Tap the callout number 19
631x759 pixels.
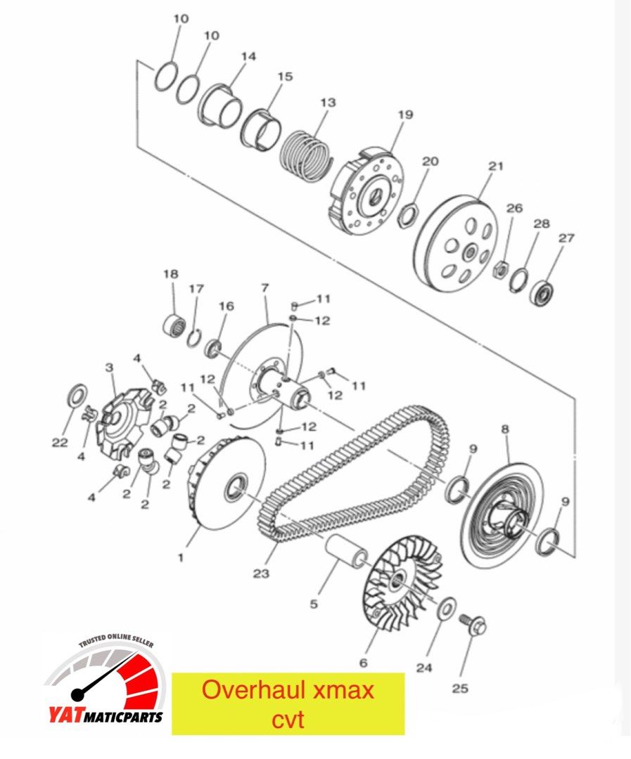click(407, 115)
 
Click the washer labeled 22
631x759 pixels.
click(76, 396)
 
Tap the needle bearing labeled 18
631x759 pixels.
click(174, 326)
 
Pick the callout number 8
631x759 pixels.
click(504, 428)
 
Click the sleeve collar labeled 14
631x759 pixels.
click(222, 106)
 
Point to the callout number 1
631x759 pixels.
click(180, 557)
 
